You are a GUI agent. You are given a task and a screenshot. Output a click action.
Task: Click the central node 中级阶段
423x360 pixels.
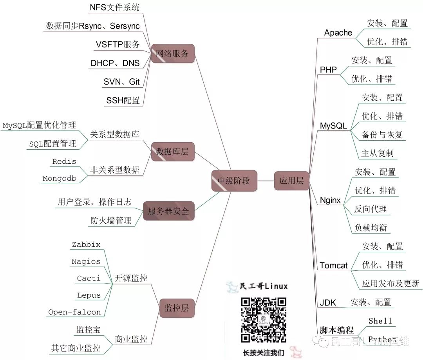point(234,181)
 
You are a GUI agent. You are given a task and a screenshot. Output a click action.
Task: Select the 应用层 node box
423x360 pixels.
point(291,181)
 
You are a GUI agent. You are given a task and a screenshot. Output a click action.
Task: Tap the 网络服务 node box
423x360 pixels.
point(172,54)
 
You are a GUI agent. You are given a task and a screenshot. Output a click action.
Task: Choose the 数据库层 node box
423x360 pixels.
point(172,151)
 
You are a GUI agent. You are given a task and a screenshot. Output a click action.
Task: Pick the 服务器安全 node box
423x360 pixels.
point(168,211)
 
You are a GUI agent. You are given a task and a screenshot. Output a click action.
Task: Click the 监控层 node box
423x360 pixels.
point(177,308)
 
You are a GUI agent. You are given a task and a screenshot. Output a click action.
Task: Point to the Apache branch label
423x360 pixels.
point(338,33)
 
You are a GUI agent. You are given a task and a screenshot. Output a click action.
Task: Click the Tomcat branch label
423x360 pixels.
point(333,266)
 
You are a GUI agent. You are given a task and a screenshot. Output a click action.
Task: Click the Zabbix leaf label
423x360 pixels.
point(86,244)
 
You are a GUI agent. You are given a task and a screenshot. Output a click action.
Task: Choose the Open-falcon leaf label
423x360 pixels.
point(74,312)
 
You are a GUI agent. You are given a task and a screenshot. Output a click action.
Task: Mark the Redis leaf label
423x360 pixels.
point(64,161)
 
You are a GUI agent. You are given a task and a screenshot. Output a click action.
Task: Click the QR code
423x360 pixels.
point(263,320)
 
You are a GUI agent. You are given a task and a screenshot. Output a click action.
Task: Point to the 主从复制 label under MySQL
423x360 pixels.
point(377,153)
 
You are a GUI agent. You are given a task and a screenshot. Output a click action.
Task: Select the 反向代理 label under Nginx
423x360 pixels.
point(371,209)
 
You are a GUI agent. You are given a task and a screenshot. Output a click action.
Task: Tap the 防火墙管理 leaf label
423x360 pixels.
point(110,221)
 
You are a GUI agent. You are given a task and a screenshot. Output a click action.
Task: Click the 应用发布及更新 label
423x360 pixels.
point(390,283)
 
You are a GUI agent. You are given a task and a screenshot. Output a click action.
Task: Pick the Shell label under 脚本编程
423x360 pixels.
point(380,321)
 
